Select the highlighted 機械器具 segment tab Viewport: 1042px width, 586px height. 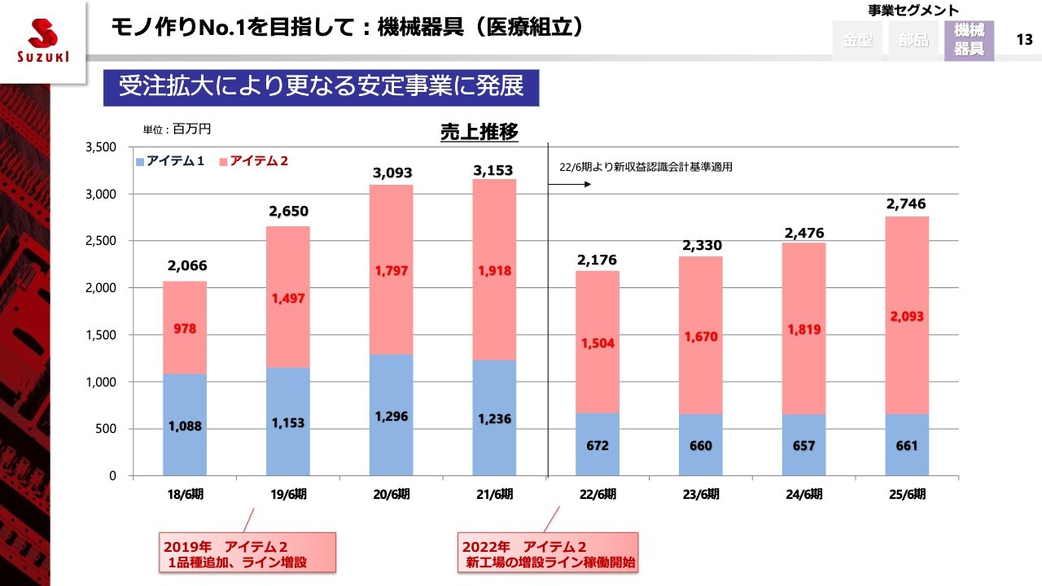pyautogui.click(x=969, y=40)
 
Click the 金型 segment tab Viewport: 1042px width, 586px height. pyautogui.click(x=857, y=40)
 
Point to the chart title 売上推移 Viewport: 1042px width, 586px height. pyautogui.click(x=479, y=132)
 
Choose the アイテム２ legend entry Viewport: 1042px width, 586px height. pyautogui.click(x=254, y=161)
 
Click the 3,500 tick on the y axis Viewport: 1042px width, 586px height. pyautogui.click(x=101, y=147)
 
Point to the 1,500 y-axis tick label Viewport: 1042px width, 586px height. pyautogui.click(x=101, y=335)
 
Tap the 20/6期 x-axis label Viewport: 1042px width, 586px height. pyautogui.click(x=392, y=494)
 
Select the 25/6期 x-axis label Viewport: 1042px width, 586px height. pyautogui.click(x=907, y=494)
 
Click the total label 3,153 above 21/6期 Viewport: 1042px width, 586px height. pyautogui.click(x=494, y=171)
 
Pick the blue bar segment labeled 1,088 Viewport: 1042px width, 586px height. pyautogui.click(x=185, y=425)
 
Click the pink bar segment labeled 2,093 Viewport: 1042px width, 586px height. pyautogui.click(x=907, y=316)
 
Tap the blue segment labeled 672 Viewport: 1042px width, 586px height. pyautogui.click(x=598, y=444)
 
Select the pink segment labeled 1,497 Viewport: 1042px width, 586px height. pyautogui.click(x=288, y=299)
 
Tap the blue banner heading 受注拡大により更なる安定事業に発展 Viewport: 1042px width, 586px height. pyautogui.click(x=321, y=87)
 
